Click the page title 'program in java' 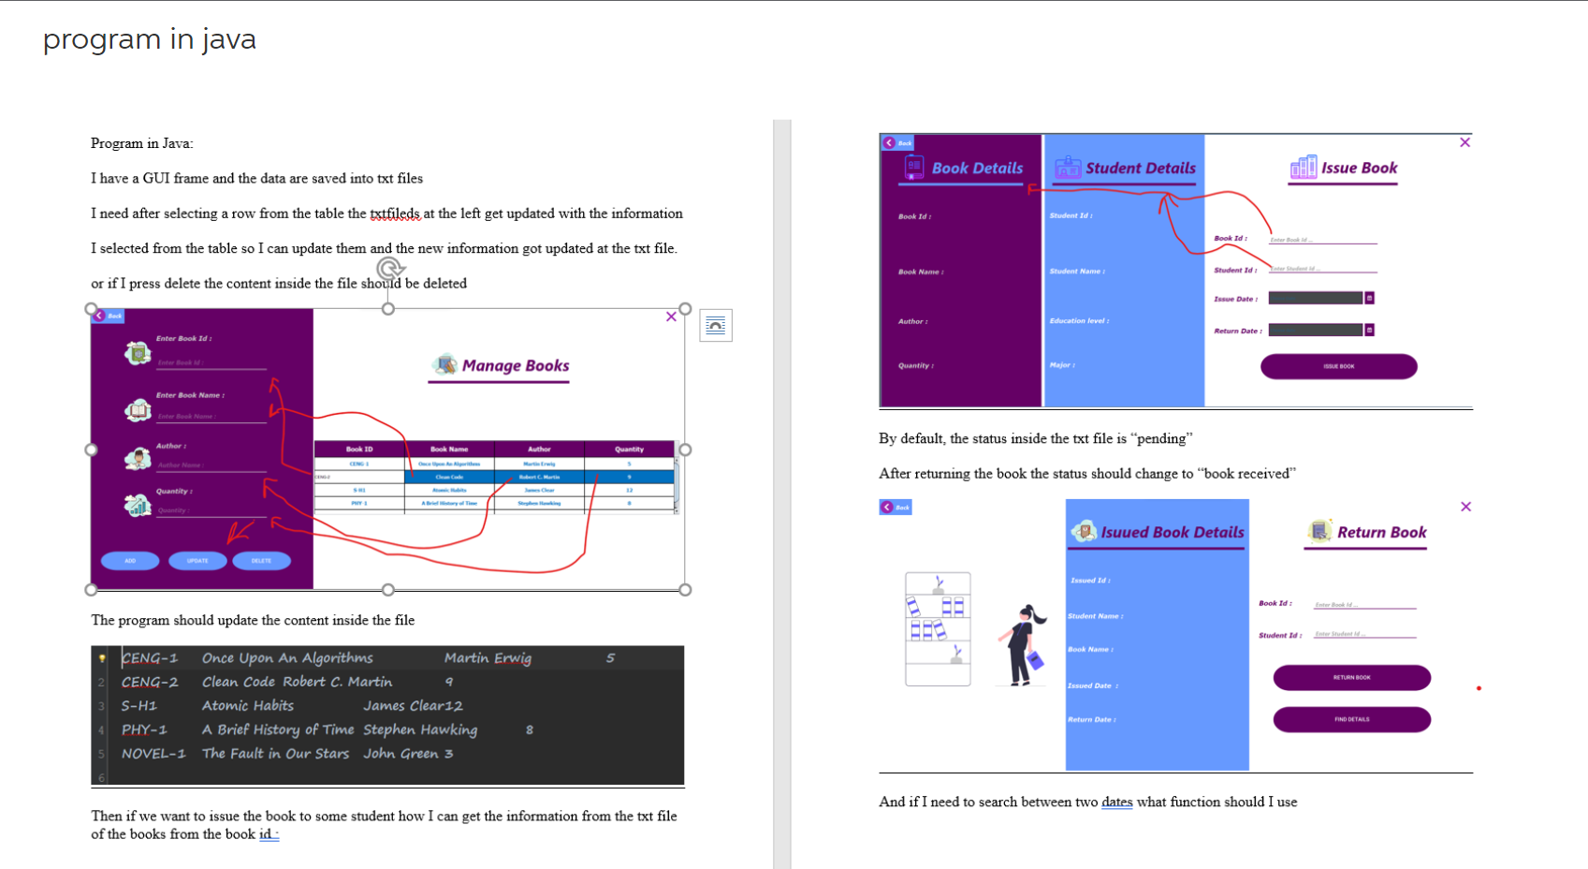tap(149, 39)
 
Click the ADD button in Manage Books tap(130, 561)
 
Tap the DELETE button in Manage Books tap(261, 561)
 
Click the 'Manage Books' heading tap(514, 365)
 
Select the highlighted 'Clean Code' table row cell tap(449, 477)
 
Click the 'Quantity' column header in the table tap(629, 449)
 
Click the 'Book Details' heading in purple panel tap(976, 169)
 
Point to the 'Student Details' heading tap(1139, 169)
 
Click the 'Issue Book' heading tap(1358, 169)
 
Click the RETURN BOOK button tap(1351, 677)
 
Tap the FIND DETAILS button tap(1351, 719)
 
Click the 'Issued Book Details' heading tap(1172, 532)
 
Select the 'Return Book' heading tap(1380, 532)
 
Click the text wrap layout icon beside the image tap(716, 326)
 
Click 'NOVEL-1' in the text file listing tap(153, 754)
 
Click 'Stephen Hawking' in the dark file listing tap(420, 729)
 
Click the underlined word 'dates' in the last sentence tap(1116, 802)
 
